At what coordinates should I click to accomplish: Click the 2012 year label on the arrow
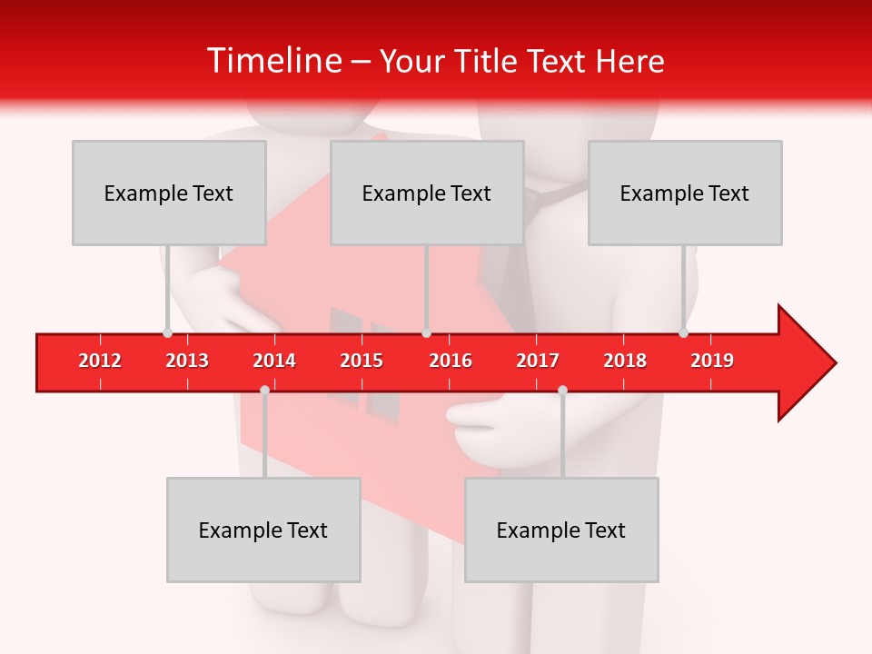[x=100, y=361]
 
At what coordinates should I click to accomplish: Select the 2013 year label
[x=187, y=361]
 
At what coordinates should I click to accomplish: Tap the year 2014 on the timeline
[x=274, y=361]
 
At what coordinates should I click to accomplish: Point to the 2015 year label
[x=362, y=361]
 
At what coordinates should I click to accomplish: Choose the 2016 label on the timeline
[x=451, y=361]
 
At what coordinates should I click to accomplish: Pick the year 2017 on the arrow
[x=538, y=361]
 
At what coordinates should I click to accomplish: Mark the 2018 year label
[x=625, y=361]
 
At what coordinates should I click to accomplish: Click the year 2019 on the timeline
[x=712, y=361]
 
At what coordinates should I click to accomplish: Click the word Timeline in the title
[x=272, y=61]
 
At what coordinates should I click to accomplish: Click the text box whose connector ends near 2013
[x=169, y=193]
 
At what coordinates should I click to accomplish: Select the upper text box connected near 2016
[x=427, y=193]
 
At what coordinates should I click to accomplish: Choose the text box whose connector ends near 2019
[x=685, y=193]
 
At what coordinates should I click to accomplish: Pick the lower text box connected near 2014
[x=263, y=530]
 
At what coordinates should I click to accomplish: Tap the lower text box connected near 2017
[x=561, y=530]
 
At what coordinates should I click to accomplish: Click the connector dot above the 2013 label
[x=167, y=332]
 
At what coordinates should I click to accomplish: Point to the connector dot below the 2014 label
[x=264, y=390]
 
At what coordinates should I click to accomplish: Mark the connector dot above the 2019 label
[x=683, y=332]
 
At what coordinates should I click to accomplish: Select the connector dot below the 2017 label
[x=562, y=390]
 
